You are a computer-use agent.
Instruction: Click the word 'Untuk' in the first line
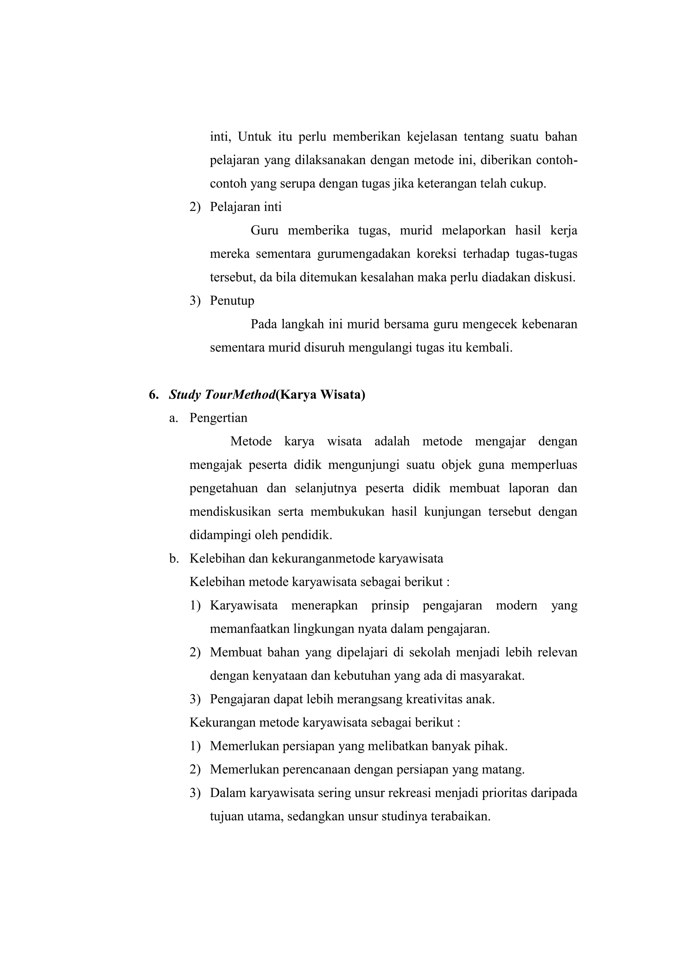254,137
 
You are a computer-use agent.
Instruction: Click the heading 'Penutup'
232,300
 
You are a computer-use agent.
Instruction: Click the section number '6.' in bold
154,395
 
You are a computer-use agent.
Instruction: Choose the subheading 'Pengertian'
218,418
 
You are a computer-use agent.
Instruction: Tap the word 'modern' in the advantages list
516,605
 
